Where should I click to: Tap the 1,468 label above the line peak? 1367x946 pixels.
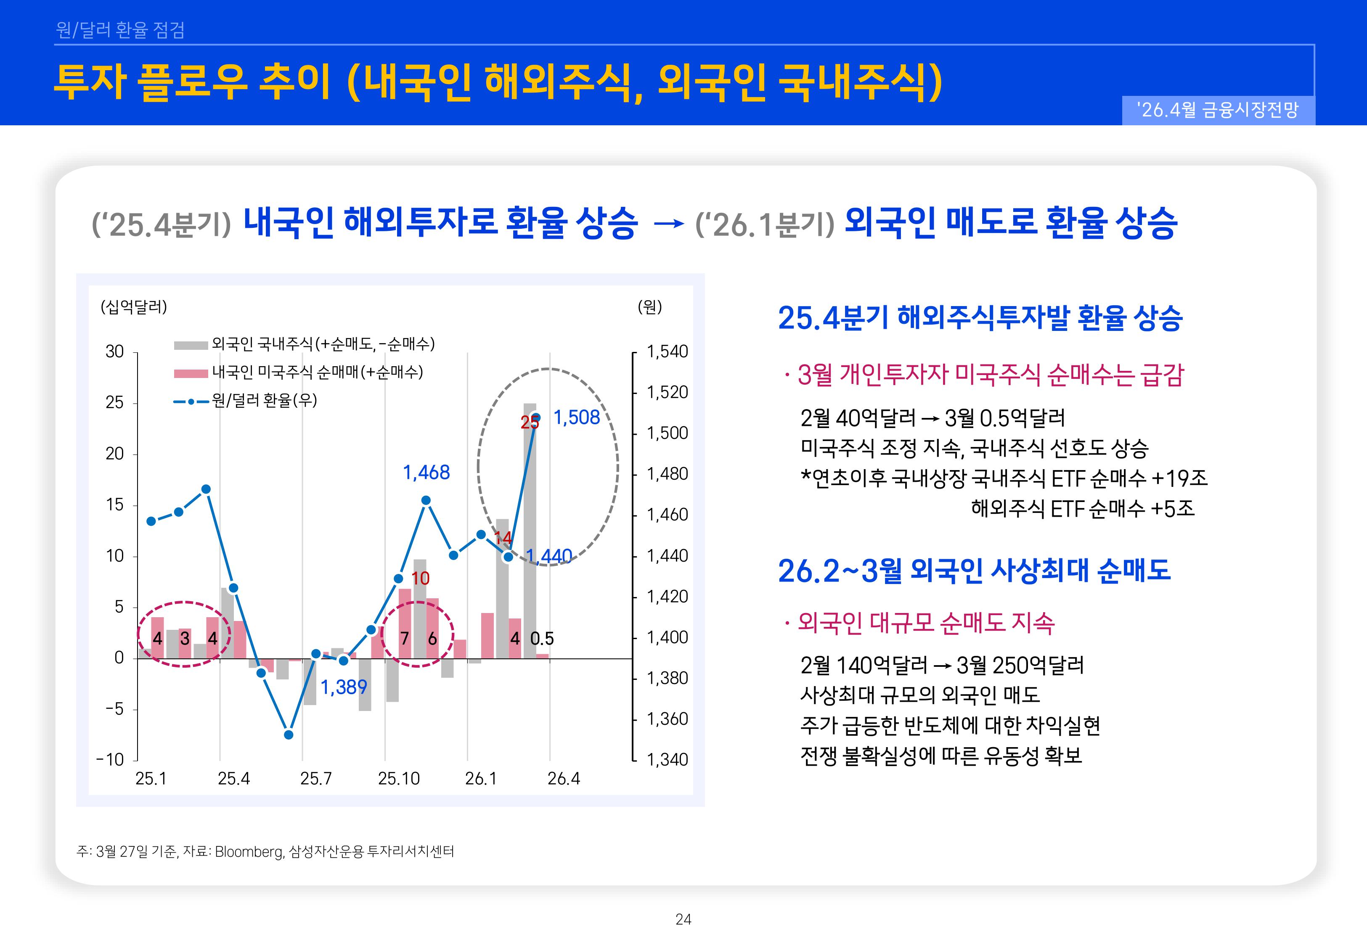pos(426,473)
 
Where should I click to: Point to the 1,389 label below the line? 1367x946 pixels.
pos(343,687)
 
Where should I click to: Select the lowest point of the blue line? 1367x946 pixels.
pos(289,735)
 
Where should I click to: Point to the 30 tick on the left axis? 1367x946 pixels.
pos(114,351)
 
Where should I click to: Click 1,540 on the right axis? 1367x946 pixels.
pos(667,351)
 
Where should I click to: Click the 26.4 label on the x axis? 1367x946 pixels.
pos(563,778)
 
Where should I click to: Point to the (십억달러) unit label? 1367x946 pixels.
pos(134,307)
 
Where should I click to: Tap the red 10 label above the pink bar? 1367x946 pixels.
pos(420,579)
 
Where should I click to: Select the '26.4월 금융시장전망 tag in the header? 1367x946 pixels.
pos(1218,110)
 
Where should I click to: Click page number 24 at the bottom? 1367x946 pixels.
pos(683,920)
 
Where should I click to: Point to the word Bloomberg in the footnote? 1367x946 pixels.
pos(249,852)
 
